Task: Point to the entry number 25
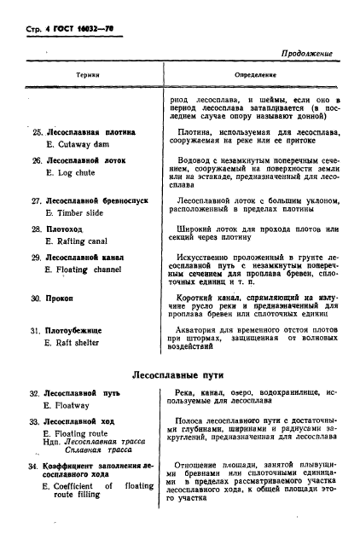[x=36, y=133]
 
